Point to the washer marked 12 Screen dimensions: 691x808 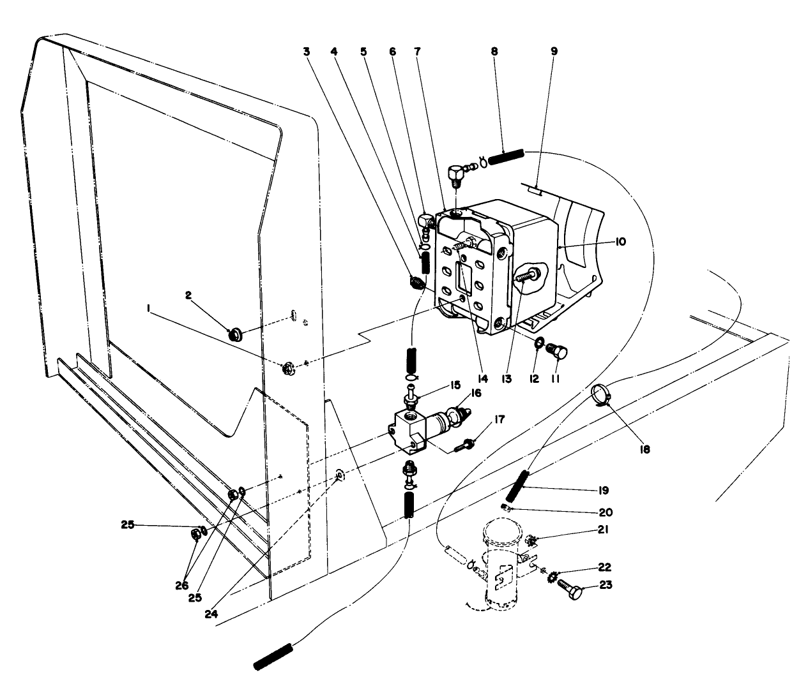point(538,345)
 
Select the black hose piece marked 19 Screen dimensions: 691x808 point(518,486)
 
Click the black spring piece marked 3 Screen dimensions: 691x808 point(416,281)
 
